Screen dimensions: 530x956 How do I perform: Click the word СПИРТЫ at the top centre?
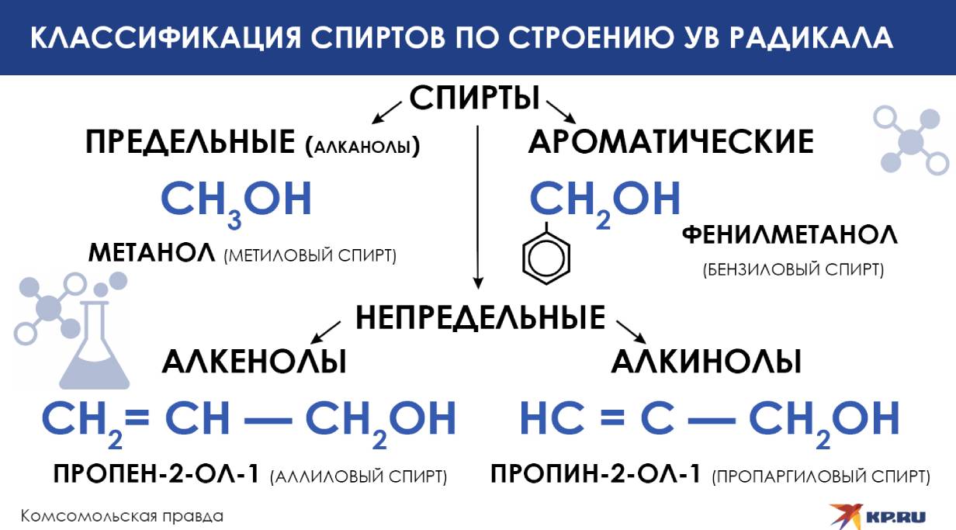point(474,99)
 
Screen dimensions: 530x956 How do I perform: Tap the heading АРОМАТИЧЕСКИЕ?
point(671,142)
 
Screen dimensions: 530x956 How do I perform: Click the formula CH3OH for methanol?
point(236,200)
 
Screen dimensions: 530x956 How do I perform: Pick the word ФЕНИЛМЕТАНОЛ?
point(789,235)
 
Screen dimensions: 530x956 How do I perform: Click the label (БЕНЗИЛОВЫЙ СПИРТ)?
point(792,271)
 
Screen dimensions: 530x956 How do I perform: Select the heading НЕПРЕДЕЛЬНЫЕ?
point(480,317)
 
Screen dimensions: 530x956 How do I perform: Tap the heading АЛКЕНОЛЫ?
point(254,362)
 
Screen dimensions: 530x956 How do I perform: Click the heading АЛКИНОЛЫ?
point(706,362)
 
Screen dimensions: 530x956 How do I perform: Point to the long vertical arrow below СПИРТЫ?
point(478,206)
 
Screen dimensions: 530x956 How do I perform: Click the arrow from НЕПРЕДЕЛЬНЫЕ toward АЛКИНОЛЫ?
point(629,329)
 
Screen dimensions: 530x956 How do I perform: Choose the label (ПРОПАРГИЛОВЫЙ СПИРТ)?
point(821,476)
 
